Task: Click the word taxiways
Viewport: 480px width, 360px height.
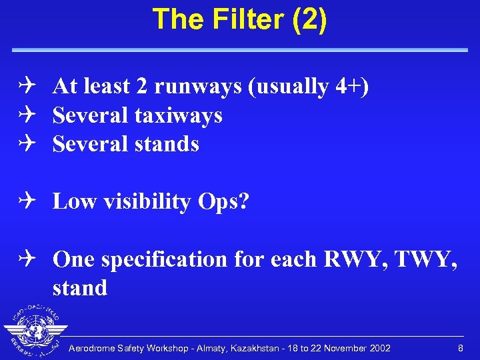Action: click(x=179, y=115)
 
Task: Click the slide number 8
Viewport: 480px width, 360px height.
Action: click(x=460, y=348)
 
